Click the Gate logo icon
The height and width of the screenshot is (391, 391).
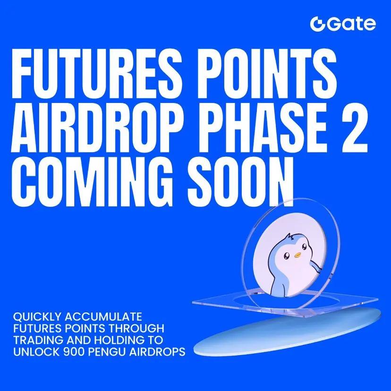(317, 24)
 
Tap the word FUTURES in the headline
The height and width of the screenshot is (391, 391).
(96, 73)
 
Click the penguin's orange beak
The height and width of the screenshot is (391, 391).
(297, 255)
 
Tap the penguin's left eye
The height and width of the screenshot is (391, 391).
(287, 255)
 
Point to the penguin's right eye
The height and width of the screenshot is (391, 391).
(304, 247)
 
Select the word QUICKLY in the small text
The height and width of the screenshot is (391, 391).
(37, 317)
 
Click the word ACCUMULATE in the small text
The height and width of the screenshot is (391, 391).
(103, 317)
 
